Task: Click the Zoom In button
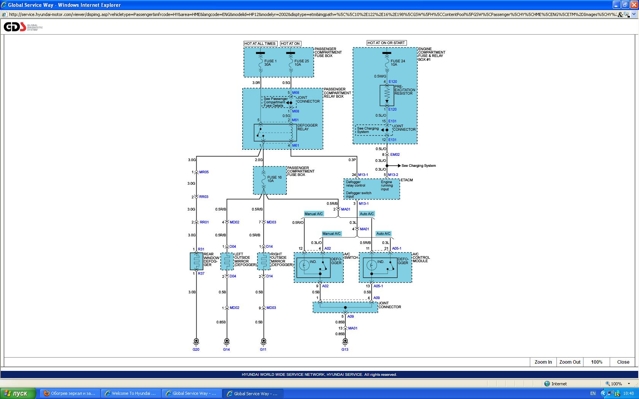[x=543, y=362]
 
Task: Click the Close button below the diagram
[x=623, y=362]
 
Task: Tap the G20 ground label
[x=196, y=349]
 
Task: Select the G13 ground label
[x=345, y=349]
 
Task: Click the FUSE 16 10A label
[x=274, y=179]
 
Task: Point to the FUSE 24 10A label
[x=397, y=63]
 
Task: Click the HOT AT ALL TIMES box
[x=260, y=44]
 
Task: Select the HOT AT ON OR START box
[x=386, y=43]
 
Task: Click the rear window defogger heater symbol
[x=196, y=261]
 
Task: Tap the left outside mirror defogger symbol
[x=227, y=261]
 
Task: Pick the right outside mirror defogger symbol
[x=264, y=261]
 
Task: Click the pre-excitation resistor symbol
[x=387, y=95]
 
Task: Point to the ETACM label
[x=407, y=180]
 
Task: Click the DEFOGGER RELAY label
[x=307, y=127]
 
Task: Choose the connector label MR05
[x=204, y=172]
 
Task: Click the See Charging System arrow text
[x=418, y=166]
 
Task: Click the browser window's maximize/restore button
[x=625, y=5]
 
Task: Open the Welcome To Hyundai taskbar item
[x=130, y=393]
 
